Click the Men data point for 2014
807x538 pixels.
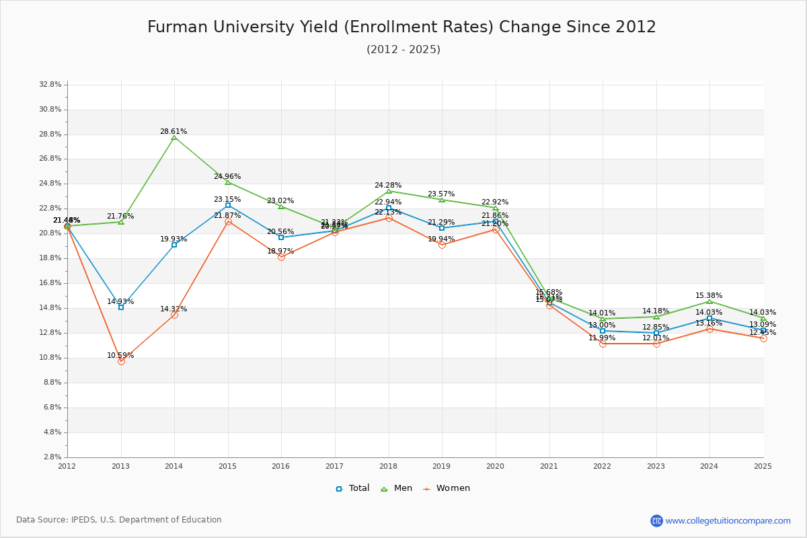click(174, 138)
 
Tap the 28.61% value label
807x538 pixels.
click(174, 132)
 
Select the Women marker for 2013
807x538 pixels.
click(121, 361)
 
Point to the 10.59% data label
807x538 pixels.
click(120, 356)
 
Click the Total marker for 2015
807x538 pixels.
click(228, 205)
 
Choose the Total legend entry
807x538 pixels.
click(353, 488)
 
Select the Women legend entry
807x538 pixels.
click(447, 488)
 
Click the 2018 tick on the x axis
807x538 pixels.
click(388, 466)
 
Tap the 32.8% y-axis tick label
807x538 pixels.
click(51, 85)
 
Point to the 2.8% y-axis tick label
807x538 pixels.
click(52, 457)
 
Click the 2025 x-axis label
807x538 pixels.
click(763, 466)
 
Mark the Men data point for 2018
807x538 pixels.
click(389, 191)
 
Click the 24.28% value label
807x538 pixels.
click(388, 186)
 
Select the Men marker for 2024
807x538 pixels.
click(709, 301)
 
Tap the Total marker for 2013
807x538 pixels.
click(121, 307)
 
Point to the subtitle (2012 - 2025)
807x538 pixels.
click(403, 50)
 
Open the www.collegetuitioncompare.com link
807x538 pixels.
click(728, 521)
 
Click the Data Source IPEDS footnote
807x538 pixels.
click(119, 520)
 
